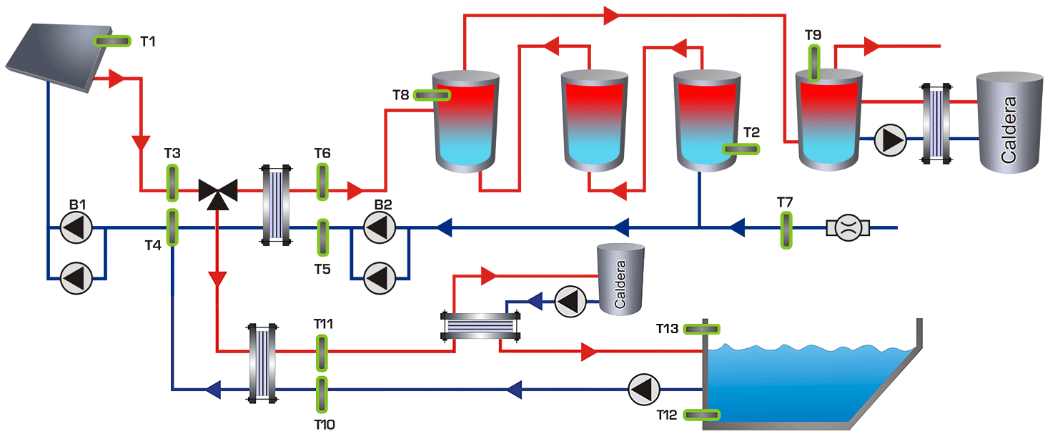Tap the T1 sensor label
[x=148, y=41]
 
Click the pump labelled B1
[x=75, y=229]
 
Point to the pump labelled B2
[x=379, y=229]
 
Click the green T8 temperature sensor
[x=432, y=94]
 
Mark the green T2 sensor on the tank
[x=741, y=149]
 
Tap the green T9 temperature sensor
[x=813, y=63]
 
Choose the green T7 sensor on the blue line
[x=786, y=230]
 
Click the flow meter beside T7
[x=847, y=229]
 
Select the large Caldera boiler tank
[x=1009, y=122]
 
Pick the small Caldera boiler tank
[x=620, y=279]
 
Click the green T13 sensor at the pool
[x=702, y=329]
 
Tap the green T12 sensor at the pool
[x=702, y=415]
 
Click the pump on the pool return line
[x=645, y=390]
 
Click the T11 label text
[x=323, y=324]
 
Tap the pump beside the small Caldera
[x=570, y=302]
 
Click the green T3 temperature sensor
[x=172, y=183]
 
